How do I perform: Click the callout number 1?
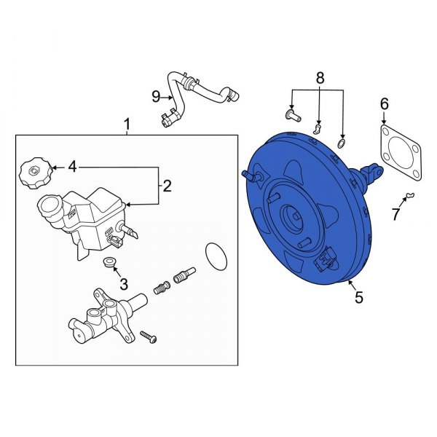pos(127,125)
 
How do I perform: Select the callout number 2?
pos(167,186)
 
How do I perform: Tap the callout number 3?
pos(124,284)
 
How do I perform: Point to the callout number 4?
pos(72,168)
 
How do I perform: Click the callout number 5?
pos(358,296)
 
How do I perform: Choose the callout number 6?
pos(384,105)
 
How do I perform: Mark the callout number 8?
pos(318,78)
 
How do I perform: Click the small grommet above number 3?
pos(109,262)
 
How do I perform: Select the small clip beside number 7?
pos(410,194)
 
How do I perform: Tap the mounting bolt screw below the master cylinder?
pos(148,337)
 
